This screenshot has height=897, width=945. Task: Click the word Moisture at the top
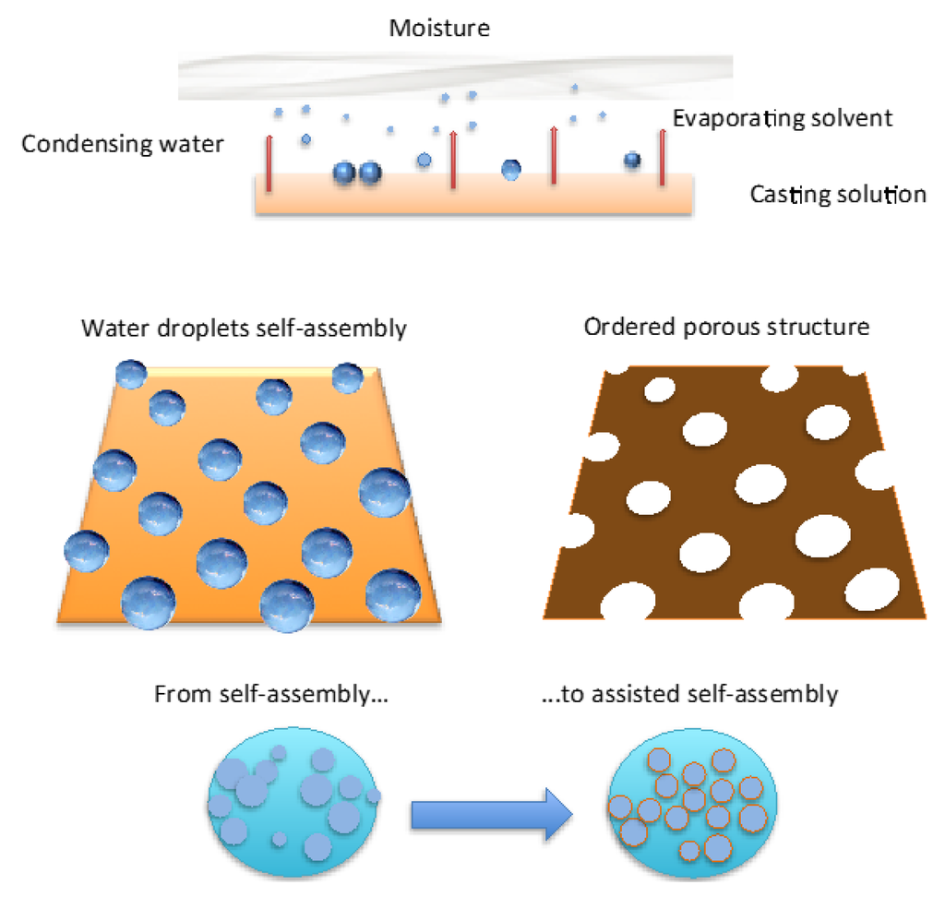click(438, 28)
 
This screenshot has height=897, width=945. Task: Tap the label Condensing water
click(123, 145)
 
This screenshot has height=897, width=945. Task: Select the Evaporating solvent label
click(783, 118)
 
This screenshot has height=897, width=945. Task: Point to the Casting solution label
click(837, 195)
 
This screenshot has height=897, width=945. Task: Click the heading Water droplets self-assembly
click(244, 329)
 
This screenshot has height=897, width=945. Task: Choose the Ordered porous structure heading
click(726, 328)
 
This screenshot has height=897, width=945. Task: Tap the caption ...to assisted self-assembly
click(689, 694)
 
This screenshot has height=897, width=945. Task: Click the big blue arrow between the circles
click(491, 813)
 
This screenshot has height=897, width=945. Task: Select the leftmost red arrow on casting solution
click(269, 162)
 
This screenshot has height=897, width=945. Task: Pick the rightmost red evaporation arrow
click(662, 158)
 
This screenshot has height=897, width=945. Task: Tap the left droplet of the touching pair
click(344, 173)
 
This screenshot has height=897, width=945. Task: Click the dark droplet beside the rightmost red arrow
click(632, 161)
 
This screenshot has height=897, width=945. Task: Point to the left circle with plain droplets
click(293, 798)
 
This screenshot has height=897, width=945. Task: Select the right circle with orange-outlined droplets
click(689, 798)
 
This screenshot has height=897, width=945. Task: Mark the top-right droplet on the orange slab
click(348, 377)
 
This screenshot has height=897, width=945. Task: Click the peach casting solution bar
click(472, 197)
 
